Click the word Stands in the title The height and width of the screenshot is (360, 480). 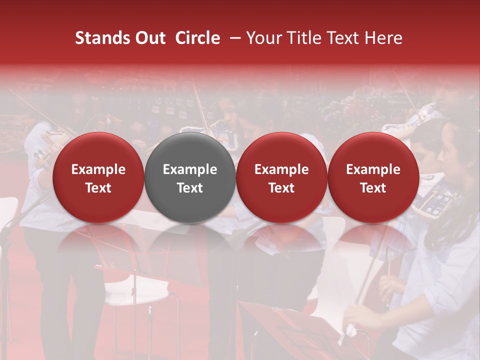point(98,38)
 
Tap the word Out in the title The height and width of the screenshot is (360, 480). point(149,38)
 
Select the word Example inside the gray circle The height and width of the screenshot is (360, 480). point(190,169)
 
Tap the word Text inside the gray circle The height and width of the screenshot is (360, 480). point(190,188)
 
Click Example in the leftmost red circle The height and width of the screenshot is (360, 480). point(98,169)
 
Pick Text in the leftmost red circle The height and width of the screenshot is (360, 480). point(98,188)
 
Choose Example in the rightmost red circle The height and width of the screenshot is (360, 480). point(373,169)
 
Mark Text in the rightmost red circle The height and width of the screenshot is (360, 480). point(373,188)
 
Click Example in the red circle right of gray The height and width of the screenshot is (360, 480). point(281,169)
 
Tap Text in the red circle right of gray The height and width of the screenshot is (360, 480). point(281,188)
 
